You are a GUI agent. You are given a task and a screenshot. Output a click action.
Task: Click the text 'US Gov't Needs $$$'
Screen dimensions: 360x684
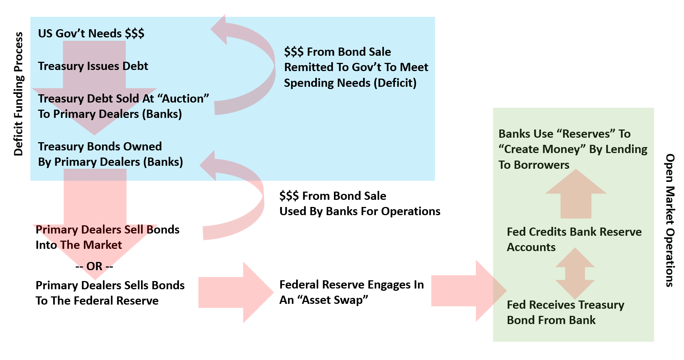91,34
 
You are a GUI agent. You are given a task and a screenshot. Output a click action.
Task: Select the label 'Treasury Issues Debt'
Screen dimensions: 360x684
93,66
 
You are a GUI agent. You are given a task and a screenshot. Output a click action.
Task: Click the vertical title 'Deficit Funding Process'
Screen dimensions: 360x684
18,94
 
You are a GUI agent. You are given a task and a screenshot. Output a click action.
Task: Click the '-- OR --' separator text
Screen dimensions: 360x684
94,266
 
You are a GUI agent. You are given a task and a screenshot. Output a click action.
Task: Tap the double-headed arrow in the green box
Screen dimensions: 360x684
575,273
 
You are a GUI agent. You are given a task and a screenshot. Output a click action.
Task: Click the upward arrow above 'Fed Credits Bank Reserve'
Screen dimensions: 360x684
576,195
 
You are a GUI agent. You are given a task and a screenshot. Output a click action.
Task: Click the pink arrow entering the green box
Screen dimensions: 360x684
468,291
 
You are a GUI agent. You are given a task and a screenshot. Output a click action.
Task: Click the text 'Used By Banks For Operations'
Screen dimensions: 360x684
360,211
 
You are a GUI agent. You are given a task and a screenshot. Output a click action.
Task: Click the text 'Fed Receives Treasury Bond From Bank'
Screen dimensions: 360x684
565,312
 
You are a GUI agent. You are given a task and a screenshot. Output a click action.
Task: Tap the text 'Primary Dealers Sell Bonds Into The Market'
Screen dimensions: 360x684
107,237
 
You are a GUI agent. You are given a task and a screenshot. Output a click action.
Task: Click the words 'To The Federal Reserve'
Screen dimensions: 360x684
97,301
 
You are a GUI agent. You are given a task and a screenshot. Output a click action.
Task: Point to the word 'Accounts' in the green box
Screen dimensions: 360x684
531,247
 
